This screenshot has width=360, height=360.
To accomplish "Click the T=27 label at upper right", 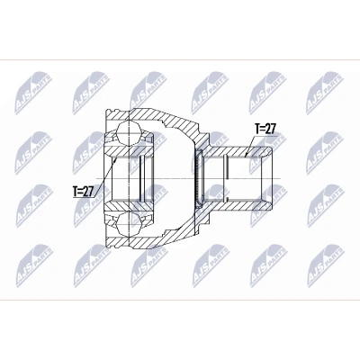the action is pos(265,130).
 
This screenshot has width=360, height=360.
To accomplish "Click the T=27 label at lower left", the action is pos(84,192).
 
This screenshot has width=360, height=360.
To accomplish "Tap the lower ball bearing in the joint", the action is pos(129,223).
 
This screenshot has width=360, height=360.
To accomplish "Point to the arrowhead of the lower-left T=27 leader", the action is pos(117,159).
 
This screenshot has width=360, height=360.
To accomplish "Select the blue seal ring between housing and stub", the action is pos(199,178).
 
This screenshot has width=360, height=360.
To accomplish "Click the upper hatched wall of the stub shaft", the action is pos(237,152).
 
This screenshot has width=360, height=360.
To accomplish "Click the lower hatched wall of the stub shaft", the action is pos(237,205).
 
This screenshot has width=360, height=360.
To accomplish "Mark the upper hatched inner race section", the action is pos(129,151).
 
